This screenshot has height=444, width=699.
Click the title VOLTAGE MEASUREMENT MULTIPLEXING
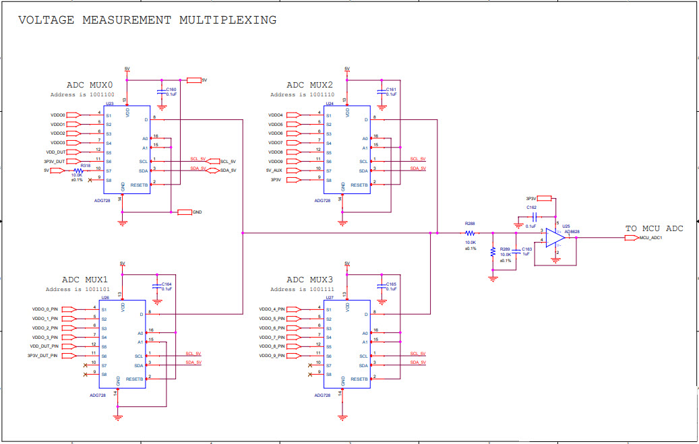(x=147, y=20)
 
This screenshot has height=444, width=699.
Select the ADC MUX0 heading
(x=90, y=85)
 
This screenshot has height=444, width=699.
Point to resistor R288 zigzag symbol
(x=470, y=233)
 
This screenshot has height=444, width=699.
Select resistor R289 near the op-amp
(x=493, y=251)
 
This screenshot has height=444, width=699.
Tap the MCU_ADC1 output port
(x=632, y=238)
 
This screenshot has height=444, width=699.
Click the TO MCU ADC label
(x=654, y=228)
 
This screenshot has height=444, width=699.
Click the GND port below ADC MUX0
(x=185, y=212)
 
